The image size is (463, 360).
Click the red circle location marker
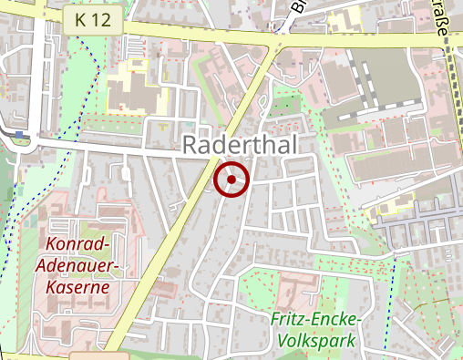231,180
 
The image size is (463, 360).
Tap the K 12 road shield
95,20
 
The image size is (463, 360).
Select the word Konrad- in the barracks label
77,245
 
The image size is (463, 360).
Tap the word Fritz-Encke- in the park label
316,321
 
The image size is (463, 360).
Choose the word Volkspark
316,341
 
